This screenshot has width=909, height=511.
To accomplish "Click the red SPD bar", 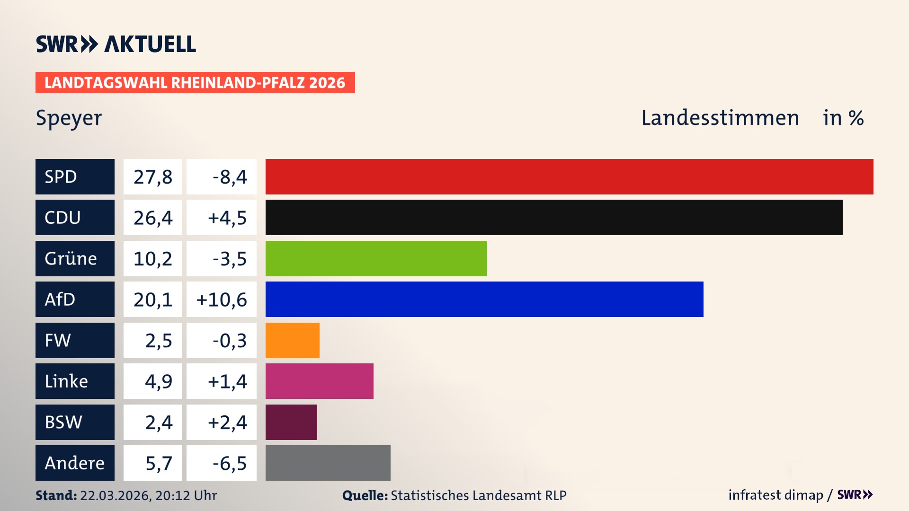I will click(569, 176).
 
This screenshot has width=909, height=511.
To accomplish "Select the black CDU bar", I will click(554, 217).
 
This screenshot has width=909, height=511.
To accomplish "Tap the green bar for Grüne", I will click(376, 258).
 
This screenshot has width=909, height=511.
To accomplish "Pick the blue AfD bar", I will click(484, 299).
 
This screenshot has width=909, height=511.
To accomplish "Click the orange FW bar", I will click(292, 340).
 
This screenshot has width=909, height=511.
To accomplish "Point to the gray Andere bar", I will click(328, 463).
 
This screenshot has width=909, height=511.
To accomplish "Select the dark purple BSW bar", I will click(291, 422).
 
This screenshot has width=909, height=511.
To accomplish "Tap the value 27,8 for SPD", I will click(152, 177).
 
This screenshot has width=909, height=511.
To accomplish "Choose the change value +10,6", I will click(222, 300).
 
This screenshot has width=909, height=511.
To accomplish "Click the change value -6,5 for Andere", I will click(230, 463).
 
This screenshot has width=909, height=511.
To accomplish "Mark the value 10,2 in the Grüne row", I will click(152, 259).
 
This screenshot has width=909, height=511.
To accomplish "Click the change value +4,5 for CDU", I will click(227, 218).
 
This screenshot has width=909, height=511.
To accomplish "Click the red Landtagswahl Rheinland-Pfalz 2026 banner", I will click(195, 83).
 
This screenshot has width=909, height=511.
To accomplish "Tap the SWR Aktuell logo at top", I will click(116, 44).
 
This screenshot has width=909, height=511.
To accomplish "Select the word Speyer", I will click(69, 118).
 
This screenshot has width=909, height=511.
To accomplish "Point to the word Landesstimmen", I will click(720, 118).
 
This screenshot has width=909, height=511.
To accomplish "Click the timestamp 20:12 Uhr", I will click(186, 495).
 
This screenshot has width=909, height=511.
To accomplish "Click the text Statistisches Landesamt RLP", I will click(478, 495).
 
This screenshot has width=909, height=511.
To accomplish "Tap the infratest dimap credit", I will click(775, 495).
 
